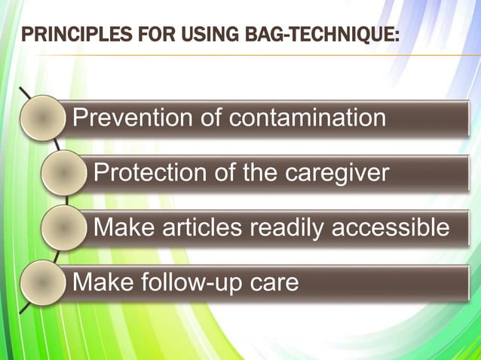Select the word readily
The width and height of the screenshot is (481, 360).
tap(290, 227)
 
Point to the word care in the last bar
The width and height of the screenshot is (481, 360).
tap(274, 283)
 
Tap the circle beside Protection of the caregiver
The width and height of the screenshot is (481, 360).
tap(63, 172)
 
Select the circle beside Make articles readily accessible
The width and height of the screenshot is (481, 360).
tap(63, 227)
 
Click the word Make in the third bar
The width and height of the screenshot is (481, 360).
tap(118, 226)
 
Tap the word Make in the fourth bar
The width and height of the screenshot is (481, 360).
tap(98, 282)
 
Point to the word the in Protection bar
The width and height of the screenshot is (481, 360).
tap(259, 173)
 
